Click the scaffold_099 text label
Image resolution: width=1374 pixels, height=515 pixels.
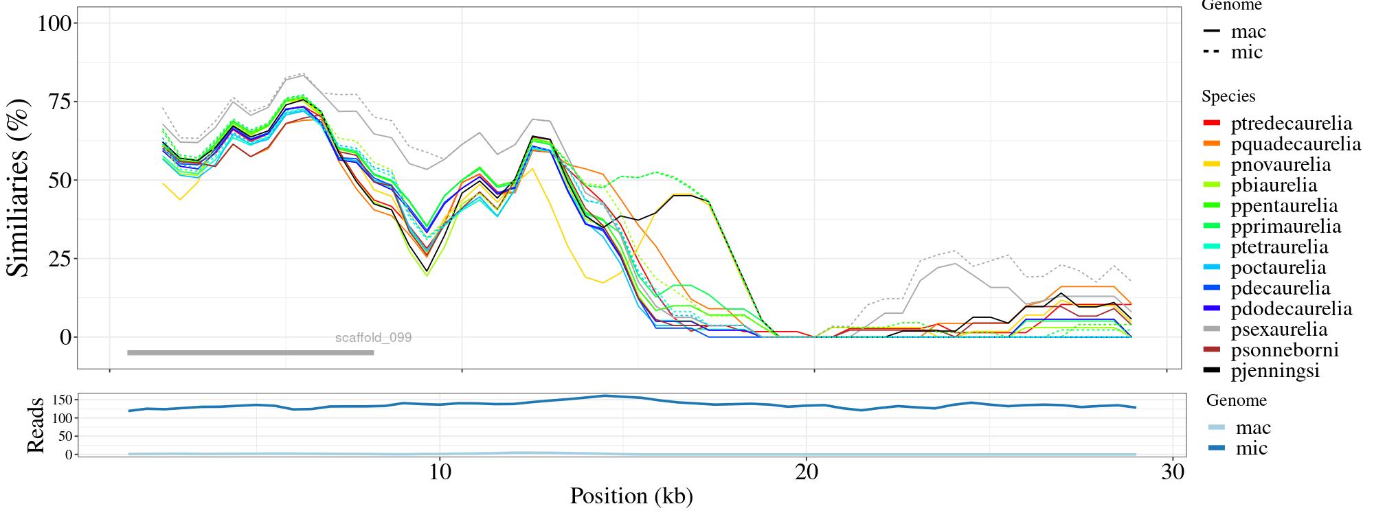(373, 338)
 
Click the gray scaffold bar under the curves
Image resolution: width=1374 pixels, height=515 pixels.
(250, 353)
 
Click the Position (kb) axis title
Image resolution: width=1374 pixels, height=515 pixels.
(631, 496)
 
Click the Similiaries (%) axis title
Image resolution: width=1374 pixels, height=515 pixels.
(19, 187)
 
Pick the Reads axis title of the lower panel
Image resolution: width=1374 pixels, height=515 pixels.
(35, 425)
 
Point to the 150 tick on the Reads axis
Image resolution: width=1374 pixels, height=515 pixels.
(62, 400)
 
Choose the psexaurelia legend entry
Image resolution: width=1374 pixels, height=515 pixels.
(1279, 330)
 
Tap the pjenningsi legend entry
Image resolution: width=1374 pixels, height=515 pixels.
(1275, 371)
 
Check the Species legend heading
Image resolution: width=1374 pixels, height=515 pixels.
(1228, 97)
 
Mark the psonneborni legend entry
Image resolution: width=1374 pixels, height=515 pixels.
(1284, 350)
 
